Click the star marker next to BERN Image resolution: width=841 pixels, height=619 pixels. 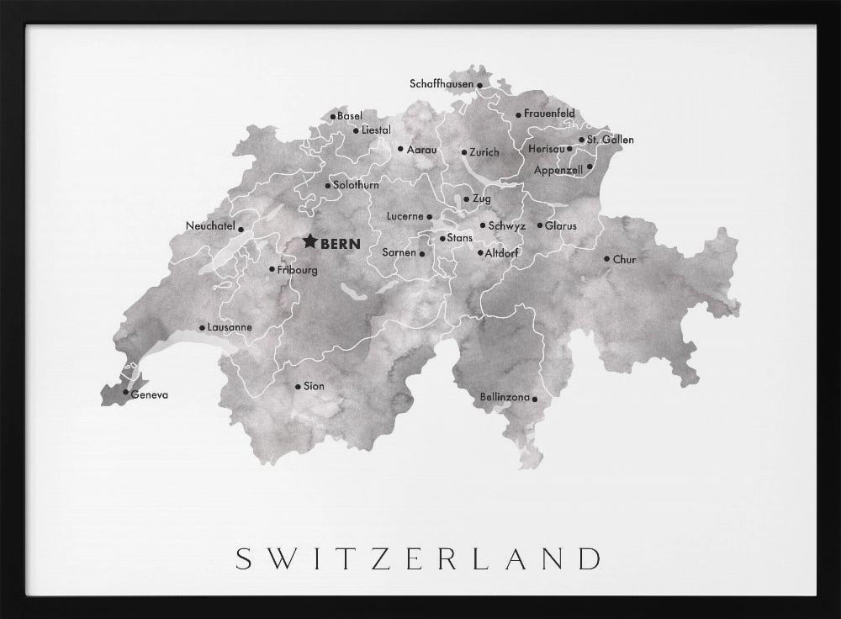click(309, 242)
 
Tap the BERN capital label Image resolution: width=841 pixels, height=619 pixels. click(341, 244)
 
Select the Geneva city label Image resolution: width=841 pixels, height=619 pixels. click(151, 394)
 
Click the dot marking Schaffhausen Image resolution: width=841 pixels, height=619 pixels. click(479, 85)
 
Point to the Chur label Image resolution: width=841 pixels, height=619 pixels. click(624, 260)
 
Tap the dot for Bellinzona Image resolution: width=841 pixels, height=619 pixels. click(536, 398)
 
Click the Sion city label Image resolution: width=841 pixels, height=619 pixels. click(314, 387)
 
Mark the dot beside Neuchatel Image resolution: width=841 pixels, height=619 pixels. click(241, 229)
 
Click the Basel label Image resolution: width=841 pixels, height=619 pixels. click(349, 116)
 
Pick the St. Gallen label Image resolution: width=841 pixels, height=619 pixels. click(611, 140)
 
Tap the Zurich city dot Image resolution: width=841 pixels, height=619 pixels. click(463, 153)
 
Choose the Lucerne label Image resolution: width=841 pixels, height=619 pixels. click(405, 216)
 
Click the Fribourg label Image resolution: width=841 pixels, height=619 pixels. click(298, 270)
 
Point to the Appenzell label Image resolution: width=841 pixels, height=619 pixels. click(558, 169)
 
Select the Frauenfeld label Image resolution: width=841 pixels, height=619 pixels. click(549, 114)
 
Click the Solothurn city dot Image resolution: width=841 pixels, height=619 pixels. click(327, 186)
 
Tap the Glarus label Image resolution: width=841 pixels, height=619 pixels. click(560, 226)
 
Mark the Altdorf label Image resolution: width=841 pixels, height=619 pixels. click(503, 252)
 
